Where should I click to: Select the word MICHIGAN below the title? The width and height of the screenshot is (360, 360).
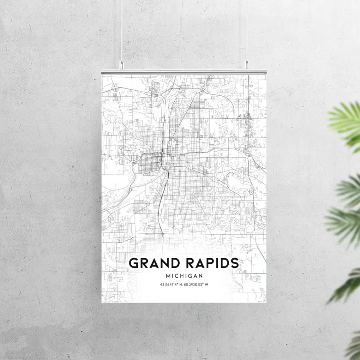(184, 276)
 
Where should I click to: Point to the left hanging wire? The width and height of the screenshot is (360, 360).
(121, 32)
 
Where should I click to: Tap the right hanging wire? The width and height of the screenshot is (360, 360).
(247, 32)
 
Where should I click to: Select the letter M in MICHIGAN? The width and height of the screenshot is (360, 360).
(168, 276)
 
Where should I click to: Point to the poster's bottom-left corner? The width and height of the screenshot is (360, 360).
(102, 302)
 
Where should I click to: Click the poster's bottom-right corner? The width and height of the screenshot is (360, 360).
(266, 302)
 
